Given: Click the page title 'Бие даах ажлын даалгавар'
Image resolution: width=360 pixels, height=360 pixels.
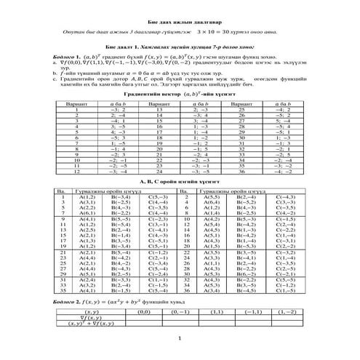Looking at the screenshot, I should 180,22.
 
